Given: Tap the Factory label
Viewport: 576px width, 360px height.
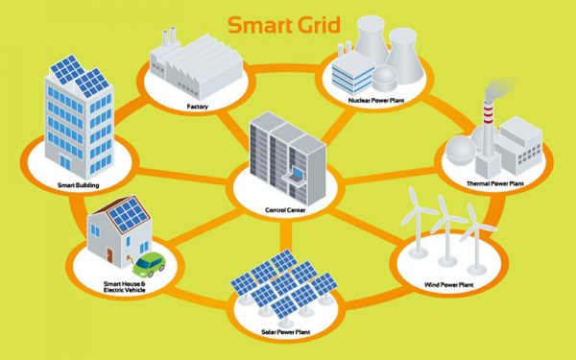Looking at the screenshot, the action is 199,105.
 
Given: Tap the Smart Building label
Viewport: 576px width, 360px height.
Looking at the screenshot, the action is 79,183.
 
